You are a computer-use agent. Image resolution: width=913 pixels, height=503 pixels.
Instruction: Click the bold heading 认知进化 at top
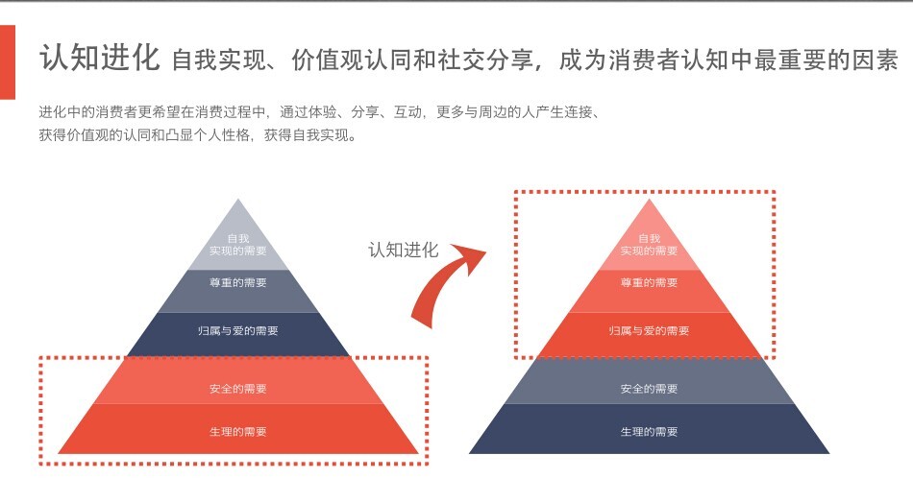99,59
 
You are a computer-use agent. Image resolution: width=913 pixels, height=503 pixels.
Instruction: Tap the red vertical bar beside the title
8,61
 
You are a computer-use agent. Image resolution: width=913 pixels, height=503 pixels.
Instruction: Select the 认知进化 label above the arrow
403,250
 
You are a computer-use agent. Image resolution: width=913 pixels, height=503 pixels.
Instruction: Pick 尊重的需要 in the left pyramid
238,282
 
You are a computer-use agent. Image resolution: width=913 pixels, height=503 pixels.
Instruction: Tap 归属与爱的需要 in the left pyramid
238,331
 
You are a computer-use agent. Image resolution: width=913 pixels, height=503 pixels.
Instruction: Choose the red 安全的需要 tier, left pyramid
238,389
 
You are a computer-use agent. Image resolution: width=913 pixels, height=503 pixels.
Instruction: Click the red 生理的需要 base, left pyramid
238,432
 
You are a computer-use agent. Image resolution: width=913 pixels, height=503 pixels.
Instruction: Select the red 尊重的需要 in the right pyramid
649,282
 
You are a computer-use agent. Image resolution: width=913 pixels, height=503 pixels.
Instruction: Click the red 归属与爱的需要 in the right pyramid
649,331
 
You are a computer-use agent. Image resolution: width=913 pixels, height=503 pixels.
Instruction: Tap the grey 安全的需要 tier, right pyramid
649,389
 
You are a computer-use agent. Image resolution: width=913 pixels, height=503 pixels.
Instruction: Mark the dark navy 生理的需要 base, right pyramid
649,432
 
